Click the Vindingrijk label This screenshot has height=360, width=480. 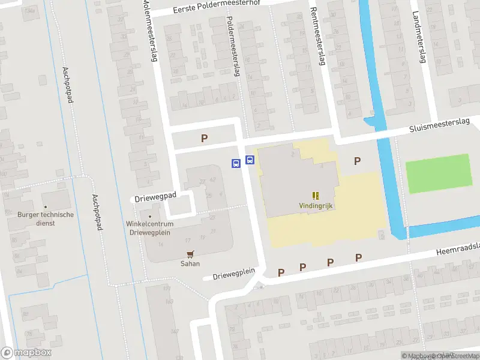pyautogui.click(x=316, y=206)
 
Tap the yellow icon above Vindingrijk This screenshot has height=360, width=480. pyautogui.click(x=316, y=195)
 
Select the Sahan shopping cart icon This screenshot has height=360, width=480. pyautogui.click(x=190, y=254)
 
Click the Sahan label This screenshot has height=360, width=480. pyautogui.click(x=190, y=263)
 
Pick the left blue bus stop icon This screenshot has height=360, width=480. pyautogui.click(x=236, y=163)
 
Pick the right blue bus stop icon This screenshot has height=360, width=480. pyautogui.click(x=250, y=160)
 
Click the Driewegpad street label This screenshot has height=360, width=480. pyautogui.click(x=155, y=196)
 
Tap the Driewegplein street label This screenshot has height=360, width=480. pyautogui.click(x=233, y=274)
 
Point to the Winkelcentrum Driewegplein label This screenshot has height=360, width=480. pyautogui.click(x=149, y=227)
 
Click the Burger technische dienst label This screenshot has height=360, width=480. pyautogui.click(x=46, y=218)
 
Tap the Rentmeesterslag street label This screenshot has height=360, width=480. pyautogui.click(x=317, y=36)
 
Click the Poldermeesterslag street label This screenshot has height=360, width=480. pyautogui.click(x=233, y=46)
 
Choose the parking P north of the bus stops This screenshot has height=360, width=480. pyautogui.click(x=204, y=139)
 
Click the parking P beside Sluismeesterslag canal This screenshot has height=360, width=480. pyautogui.click(x=358, y=160)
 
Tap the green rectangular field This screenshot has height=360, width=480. pyautogui.click(x=438, y=173)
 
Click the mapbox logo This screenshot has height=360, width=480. pyautogui.click(x=26, y=352)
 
